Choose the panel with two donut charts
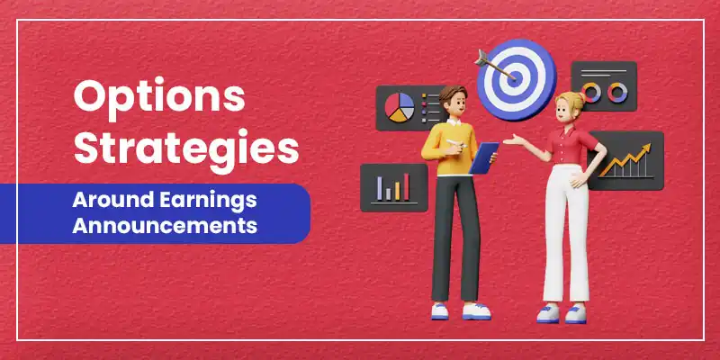point(604,91)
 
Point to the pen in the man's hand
point(462,141)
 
